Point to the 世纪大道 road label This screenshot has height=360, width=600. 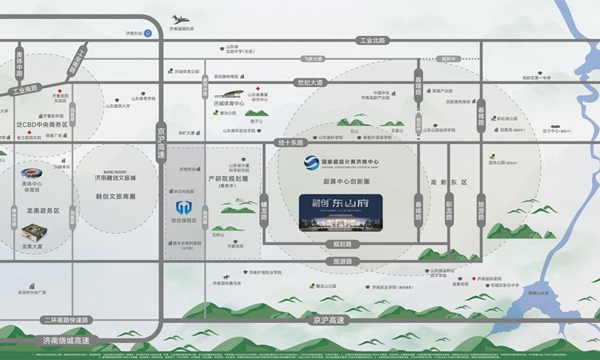click(x=310, y=82)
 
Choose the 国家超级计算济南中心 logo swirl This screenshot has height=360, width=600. click(x=310, y=164)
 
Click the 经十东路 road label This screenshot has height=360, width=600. click(x=291, y=142)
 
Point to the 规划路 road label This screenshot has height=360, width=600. click(x=342, y=244)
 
